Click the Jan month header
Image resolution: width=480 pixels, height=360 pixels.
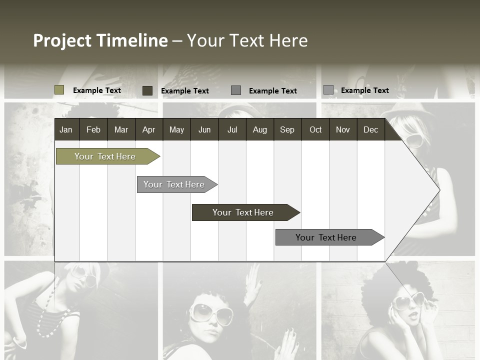66,130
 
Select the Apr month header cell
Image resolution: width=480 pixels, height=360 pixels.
148,130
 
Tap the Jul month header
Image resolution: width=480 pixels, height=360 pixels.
232,130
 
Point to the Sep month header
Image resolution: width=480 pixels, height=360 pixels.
287,130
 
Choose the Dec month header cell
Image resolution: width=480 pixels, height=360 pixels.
370,130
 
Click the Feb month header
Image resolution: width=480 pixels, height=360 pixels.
93,130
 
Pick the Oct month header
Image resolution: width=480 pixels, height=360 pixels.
315,130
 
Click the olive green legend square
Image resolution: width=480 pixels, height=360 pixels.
59,90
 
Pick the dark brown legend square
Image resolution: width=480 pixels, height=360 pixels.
147,90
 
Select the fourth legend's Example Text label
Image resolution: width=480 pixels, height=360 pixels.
364,90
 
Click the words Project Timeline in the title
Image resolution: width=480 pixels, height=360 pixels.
100,40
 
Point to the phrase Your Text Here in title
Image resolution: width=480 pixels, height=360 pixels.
247,40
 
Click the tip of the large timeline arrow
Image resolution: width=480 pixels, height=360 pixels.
438,189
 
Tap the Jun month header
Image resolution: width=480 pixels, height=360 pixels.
204,130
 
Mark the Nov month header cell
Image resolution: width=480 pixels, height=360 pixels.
342,130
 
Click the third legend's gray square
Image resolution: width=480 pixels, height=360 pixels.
236,90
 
